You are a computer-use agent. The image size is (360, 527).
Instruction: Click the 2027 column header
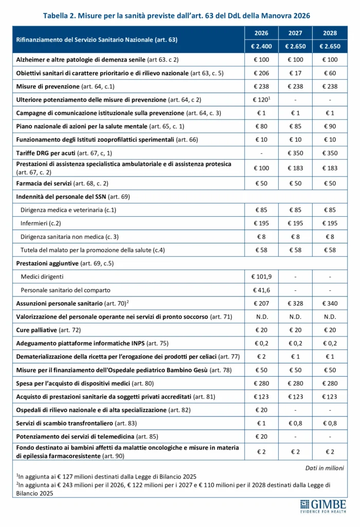(295, 33)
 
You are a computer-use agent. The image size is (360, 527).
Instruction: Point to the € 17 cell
(295, 73)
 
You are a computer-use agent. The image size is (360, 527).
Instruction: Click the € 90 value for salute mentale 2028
(330, 126)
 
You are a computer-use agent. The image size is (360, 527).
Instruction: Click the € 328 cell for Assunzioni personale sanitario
(295, 303)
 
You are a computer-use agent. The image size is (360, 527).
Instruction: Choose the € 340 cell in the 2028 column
(330, 303)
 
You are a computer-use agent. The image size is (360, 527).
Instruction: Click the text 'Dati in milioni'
(324, 468)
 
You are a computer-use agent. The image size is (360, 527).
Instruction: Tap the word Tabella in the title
(58, 15)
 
